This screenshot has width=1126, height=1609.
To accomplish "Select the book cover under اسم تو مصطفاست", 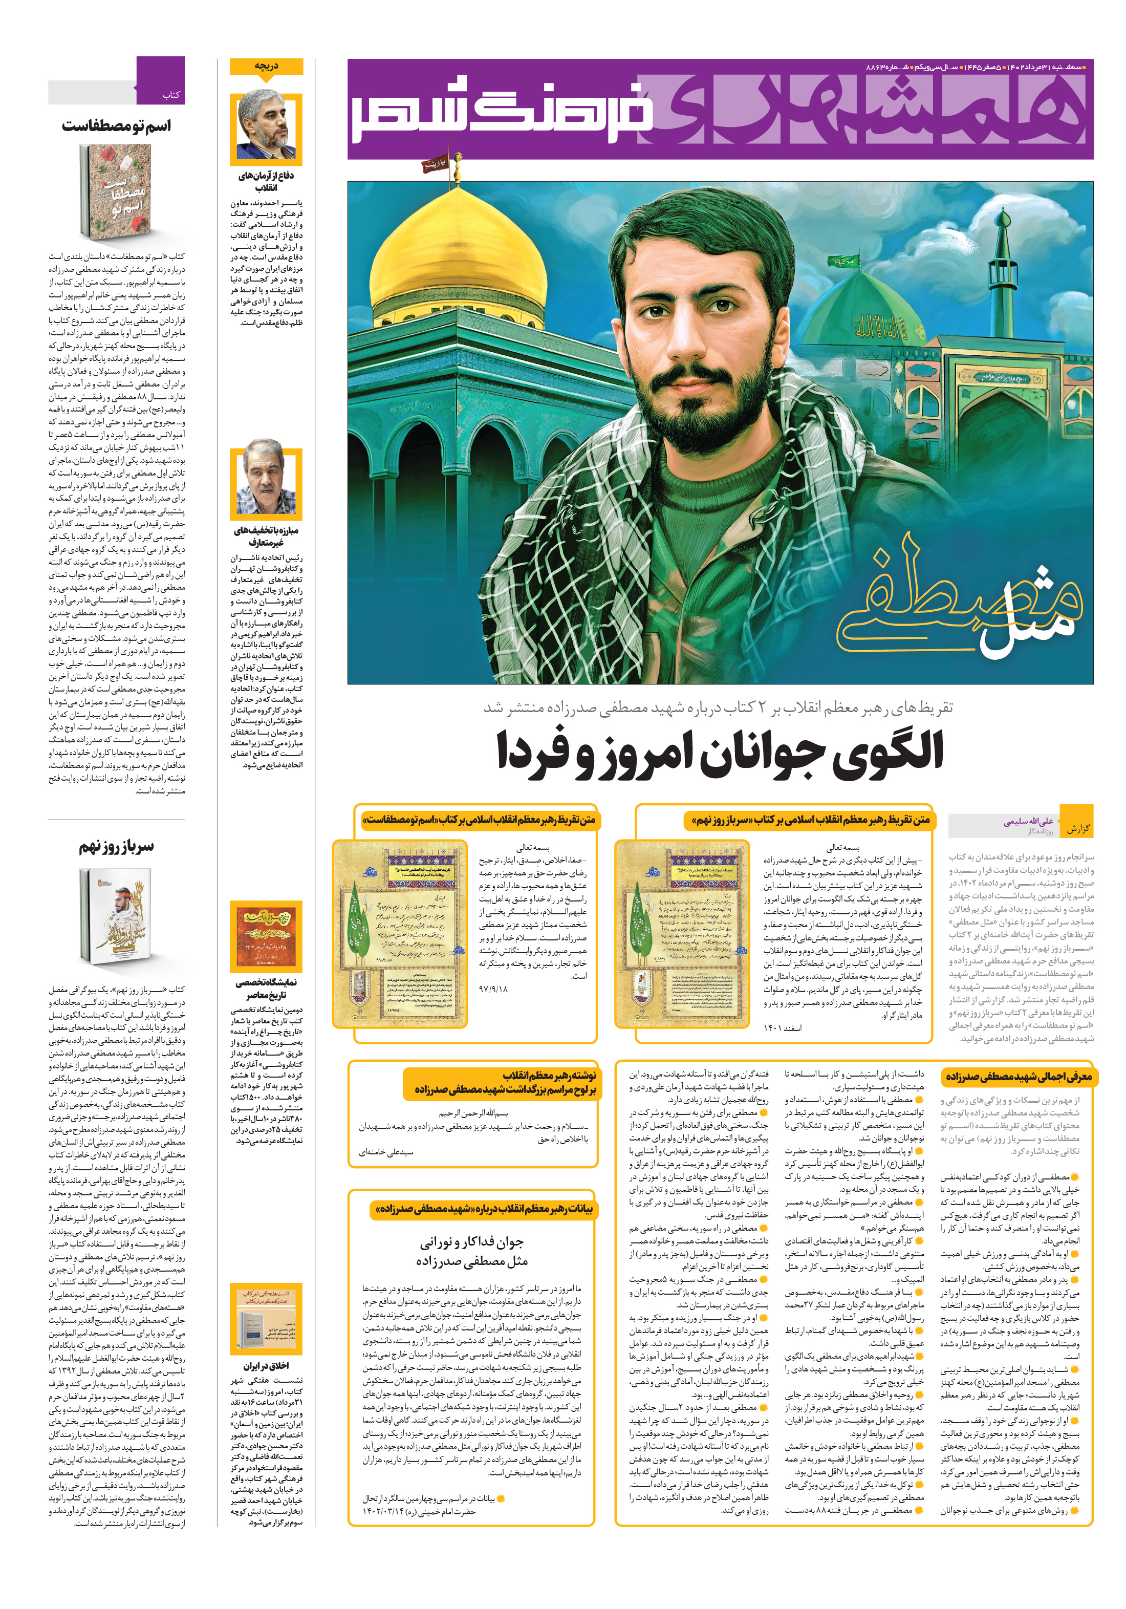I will pyautogui.click(x=116, y=192).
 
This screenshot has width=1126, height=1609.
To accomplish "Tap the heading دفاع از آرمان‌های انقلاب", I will pyautogui.click(x=266, y=181).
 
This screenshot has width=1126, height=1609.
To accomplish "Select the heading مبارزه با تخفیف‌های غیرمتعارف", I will pyautogui.click(x=266, y=536).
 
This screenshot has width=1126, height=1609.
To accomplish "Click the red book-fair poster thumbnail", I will pyautogui.click(x=266, y=935).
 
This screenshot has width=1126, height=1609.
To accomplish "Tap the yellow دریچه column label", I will pyautogui.click(x=266, y=67).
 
